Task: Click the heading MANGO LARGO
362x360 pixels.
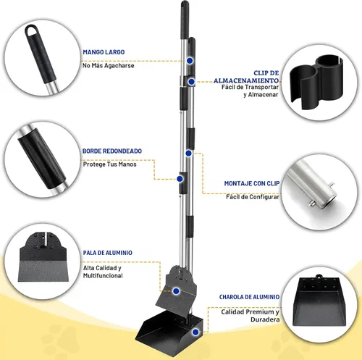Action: tap(104, 52)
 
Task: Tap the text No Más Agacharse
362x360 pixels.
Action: tap(108, 66)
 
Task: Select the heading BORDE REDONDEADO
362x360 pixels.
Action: tap(112, 151)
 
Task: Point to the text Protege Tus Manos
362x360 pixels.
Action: tap(109, 164)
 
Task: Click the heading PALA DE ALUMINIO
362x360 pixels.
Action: tap(108, 253)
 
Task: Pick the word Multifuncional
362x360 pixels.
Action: tap(103, 276)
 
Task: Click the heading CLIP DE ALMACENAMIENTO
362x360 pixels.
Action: tap(246, 77)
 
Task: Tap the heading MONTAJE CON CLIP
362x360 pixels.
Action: tap(252, 183)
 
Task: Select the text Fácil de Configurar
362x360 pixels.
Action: tap(253, 197)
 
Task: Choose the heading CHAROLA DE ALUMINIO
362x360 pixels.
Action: tap(249, 297)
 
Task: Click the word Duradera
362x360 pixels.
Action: tap(265, 319)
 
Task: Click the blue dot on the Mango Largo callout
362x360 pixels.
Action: tap(190, 61)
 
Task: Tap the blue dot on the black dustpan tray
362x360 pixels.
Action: tap(195, 332)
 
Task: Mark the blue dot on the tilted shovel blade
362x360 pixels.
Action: tap(176, 291)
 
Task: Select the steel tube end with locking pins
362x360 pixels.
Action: tap(313, 185)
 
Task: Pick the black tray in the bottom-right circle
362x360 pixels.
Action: tap(319, 301)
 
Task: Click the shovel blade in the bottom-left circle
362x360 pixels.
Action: tap(43, 257)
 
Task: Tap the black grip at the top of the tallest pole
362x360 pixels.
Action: tap(185, 20)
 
